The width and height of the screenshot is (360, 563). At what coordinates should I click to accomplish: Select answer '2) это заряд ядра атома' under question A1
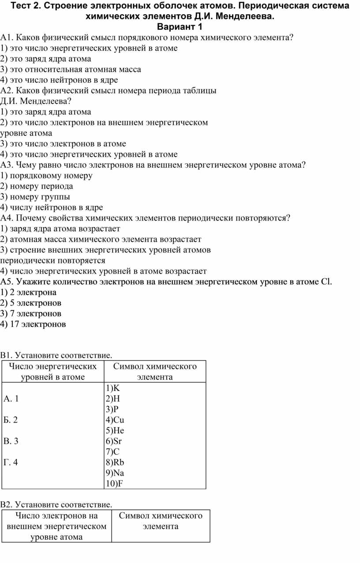click(x=46, y=59)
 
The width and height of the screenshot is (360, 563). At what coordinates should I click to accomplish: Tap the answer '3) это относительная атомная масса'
click(x=71, y=69)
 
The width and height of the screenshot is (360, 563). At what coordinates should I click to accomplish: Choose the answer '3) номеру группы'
click(x=35, y=197)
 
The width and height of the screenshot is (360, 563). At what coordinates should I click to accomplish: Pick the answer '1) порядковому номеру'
click(x=46, y=176)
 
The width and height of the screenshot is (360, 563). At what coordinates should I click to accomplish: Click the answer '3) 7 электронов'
click(x=31, y=314)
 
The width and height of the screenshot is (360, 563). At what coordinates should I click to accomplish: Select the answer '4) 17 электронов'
click(x=33, y=324)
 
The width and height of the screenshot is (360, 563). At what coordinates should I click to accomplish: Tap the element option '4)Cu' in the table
click(x=115, y=420)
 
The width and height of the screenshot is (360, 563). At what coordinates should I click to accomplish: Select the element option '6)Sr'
click(x=113, y=441)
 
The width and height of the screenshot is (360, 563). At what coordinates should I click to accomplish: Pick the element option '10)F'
click(x=114, y=484)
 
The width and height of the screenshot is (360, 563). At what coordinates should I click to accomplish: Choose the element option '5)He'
click(x=115, y=430)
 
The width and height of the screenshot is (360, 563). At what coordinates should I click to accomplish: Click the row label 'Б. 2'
click(x=11, y=420)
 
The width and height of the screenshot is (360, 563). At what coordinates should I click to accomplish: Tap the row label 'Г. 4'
click(x=11, y=462)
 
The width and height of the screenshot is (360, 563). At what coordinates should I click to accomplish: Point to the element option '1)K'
click(x=112, y=388)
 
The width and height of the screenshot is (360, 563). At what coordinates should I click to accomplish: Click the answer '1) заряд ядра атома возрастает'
click(x=60, y=229)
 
